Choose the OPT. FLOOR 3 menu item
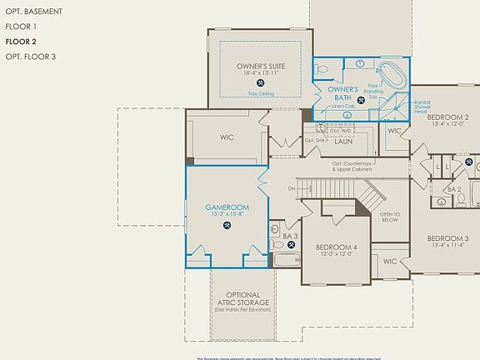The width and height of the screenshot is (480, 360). click(x=31, y=57)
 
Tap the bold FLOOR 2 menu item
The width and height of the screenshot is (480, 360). click(x=20, y=41)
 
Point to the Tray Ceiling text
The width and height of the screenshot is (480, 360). click(x=260, y=94)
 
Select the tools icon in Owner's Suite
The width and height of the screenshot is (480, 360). click(x=261, y=83)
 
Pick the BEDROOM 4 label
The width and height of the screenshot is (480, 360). click(x=337, y=247)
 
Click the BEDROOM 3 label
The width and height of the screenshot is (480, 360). click(x=448, y=238)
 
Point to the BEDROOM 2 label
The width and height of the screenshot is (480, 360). click(x=448, y=117)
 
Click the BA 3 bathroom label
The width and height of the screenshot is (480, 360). click(x=289, y=237)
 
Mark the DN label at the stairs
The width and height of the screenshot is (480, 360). click(x=292, y=189)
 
